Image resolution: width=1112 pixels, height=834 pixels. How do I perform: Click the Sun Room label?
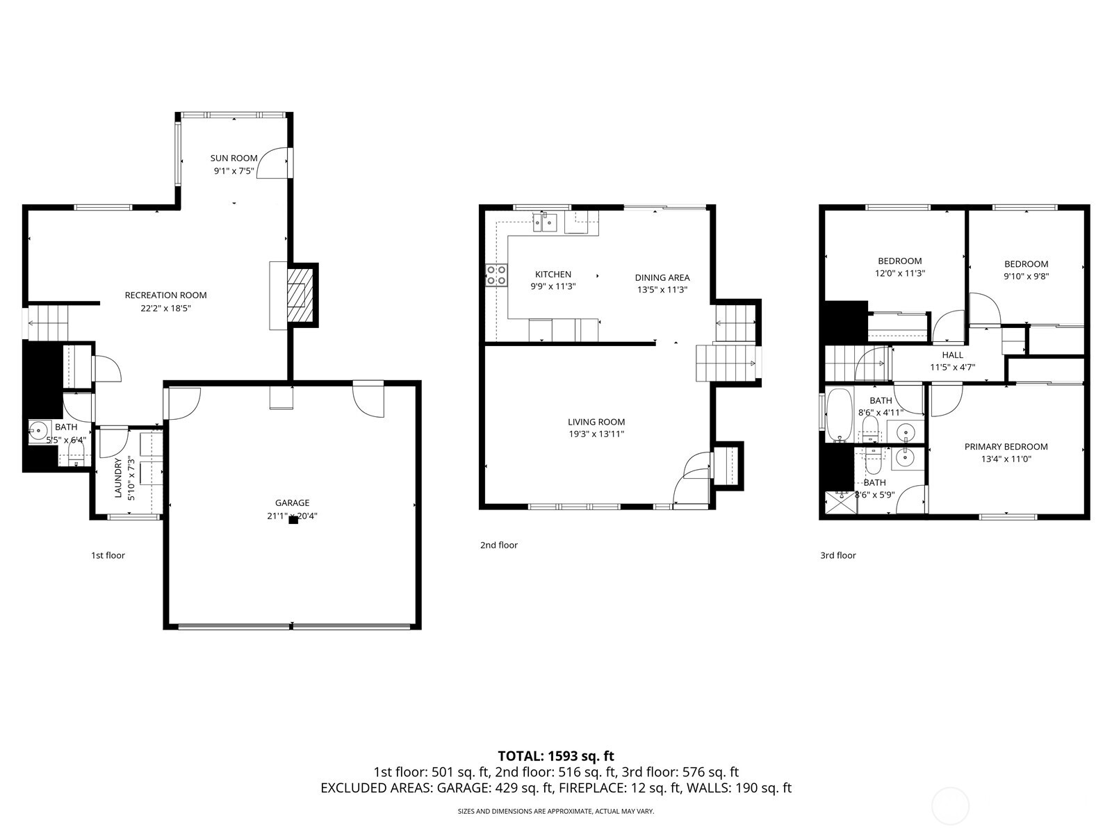(234, 158)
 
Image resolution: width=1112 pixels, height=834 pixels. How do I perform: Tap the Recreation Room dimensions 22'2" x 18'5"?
(165, 307)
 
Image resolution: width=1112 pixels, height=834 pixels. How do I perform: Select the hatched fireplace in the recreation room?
(297, 295)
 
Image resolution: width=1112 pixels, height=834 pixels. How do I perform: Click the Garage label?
(292, 502)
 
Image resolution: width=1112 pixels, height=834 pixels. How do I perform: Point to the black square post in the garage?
(293, 519)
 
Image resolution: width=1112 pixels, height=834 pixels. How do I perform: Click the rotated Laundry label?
(117, 478)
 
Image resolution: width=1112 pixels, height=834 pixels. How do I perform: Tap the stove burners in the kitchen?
(496, 275)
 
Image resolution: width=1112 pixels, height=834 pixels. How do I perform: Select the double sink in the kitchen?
(546, 222)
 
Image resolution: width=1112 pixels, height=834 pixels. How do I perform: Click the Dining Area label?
(662, 277)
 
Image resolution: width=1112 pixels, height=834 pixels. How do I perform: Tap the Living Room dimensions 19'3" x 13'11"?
(596, 434)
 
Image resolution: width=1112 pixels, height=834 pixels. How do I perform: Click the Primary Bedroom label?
(1006, 447)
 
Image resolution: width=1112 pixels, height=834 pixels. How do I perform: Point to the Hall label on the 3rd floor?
(952, 355)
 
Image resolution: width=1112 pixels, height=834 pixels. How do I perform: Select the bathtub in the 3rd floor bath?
(839, 415)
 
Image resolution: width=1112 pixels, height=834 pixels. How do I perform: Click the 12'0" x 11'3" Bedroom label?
(899, 261)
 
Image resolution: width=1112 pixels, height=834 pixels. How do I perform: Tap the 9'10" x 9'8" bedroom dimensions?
(1026, 276)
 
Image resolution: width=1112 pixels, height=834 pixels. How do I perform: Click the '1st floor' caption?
(108, 555)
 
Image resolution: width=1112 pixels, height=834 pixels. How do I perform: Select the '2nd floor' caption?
(498, 545)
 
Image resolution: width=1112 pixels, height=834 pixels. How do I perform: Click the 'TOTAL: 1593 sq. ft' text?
(556, 755)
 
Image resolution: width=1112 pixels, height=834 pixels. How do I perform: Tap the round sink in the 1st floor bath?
(38, 432)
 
